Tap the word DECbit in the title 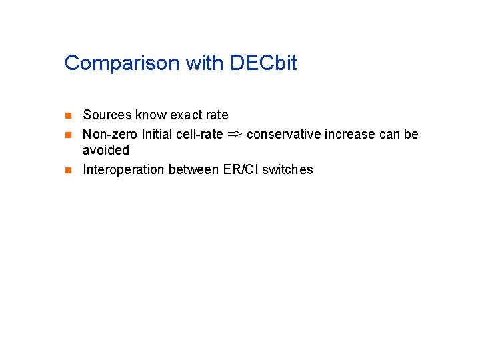(263, 63)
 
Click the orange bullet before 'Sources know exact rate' (67, 115)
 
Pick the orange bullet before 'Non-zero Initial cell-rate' (67, 135)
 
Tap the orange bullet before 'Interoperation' (67, 169)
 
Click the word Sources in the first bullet (107, 115)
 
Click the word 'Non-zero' (110, 135)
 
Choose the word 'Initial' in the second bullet (157, 135)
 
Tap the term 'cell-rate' (199, 135)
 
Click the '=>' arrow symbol (235, 135)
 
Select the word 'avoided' (106, 151)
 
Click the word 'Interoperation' (124, 169)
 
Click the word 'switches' (287, 169)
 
